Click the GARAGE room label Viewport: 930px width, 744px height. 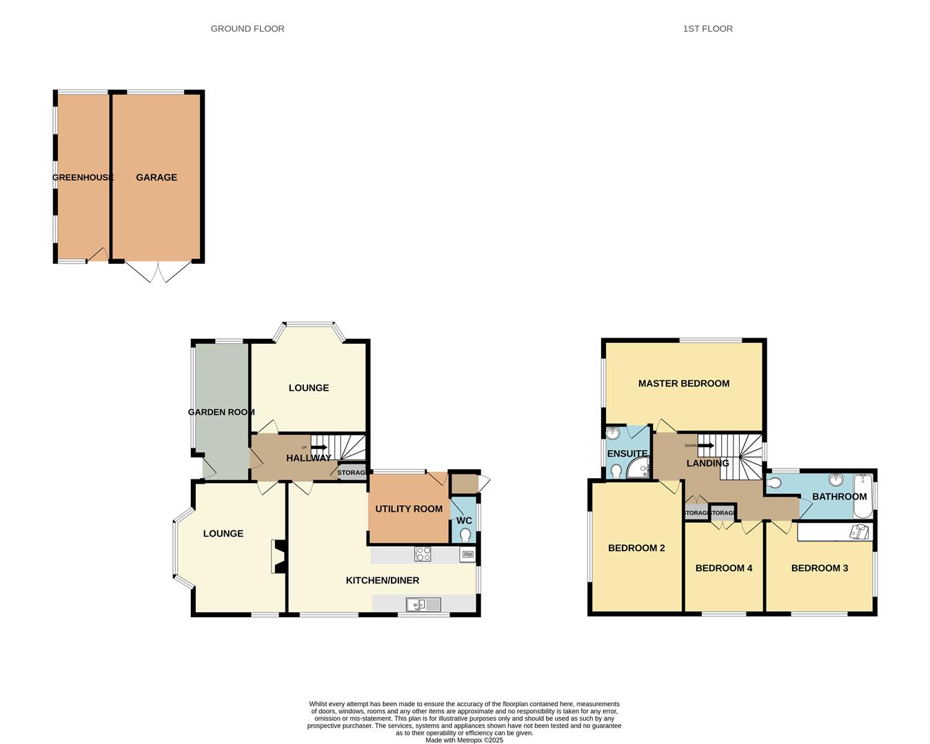coord(156,177)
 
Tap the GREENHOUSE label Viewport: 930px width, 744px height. coord(83,177)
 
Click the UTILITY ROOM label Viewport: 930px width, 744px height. coord(409,509)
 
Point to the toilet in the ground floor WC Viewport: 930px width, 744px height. coord(465,535)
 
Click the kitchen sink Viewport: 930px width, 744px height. coord(423,605)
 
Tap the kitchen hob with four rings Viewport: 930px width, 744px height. coord(423,553)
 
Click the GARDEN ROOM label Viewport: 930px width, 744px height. coord(221,412)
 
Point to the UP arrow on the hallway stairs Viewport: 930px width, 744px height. coord(318,447)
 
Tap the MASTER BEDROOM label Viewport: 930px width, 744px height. coord(683,384)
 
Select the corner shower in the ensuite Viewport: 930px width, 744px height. coord(638,468)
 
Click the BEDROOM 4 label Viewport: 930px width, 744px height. coord(723,568)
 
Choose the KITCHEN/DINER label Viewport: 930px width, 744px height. coord(382,581)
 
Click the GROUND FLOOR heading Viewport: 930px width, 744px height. coord(247,29)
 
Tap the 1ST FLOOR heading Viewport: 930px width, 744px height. coord(707,29)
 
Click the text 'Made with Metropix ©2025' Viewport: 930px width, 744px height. coord(464,741)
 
